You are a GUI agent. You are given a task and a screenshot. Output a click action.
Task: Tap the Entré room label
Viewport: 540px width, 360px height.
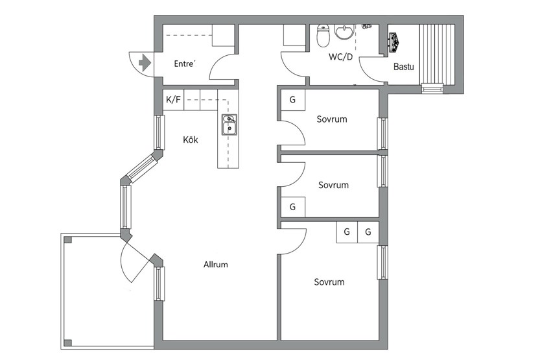[185, 64]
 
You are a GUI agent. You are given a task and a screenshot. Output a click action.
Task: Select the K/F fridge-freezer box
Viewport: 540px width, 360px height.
[173, 100]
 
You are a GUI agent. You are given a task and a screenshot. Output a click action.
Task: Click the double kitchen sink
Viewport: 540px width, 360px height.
[229, 125]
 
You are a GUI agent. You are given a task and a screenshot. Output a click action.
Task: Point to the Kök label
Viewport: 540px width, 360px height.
[191, 139]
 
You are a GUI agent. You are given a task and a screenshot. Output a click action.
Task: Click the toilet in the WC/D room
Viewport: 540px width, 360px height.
[323, 36]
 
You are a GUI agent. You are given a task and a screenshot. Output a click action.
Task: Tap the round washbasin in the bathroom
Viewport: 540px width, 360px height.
[344, 32]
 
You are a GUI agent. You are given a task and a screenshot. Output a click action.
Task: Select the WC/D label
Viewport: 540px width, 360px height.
[340, 57]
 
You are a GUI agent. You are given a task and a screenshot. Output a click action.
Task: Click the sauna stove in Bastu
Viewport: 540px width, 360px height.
[394, 43]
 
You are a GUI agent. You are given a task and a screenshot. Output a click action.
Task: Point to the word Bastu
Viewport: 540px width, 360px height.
[404, 67]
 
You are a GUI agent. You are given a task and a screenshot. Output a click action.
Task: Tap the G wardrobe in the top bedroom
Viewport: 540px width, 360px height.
[292, 100]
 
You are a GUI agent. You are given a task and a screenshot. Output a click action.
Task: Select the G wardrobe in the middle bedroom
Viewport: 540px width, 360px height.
[292, 207]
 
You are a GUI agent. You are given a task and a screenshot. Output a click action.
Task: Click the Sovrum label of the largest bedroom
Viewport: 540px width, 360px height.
[329, 282]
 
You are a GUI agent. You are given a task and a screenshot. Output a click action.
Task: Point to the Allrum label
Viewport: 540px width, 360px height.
[216, 265]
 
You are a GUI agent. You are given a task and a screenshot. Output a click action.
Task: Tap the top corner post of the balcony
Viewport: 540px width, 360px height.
[68, 240]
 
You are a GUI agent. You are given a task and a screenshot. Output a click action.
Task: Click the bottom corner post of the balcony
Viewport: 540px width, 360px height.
[68, 343]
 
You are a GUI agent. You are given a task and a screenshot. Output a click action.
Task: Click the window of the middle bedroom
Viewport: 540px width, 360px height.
[382, 171]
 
